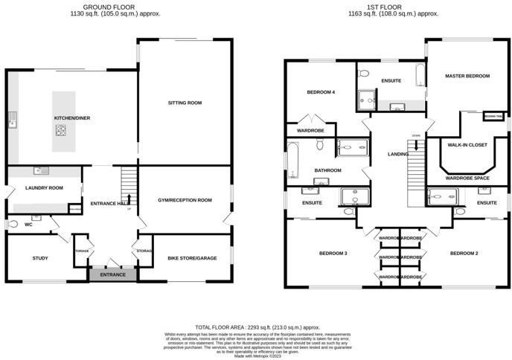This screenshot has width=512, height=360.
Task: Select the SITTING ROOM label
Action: (185, 103)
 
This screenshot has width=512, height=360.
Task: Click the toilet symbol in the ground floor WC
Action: (13, 223)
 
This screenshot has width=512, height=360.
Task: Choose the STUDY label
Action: (39, 258)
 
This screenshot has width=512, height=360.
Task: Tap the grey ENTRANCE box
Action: (112, 274)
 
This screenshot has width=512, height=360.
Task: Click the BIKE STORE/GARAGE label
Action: (191, 258)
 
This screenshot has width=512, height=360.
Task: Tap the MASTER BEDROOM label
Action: (467, 76)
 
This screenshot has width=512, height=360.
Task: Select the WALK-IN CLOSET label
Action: (466, 147)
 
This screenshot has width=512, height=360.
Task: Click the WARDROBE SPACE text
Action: (467, 179)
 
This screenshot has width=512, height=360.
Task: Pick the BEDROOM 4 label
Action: (321, 92)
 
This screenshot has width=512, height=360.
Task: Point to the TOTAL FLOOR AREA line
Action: (257, 327)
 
